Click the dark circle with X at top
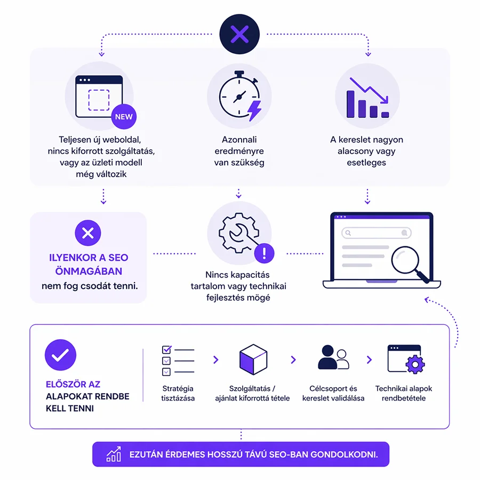tap(239, 34)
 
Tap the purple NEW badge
tap(124, 117)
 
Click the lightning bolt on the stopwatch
tap(255, 110)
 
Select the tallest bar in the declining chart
tap(350, 104)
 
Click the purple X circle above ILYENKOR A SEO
tap(88, 233)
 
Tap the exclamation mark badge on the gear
tap(264, 253)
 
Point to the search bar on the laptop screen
tap(376, 233)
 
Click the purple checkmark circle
tap(61, 355)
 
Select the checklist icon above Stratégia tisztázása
tap(178, 361)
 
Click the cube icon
tap(253, 359)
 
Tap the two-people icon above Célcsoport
tap(333, 357)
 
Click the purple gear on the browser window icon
tap(415, 364)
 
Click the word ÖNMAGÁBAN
tap(89, 271)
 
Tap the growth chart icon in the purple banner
tap(114, 454)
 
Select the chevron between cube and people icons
tap(293, 359)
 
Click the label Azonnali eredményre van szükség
tap(239, 151)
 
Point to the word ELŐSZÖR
tap(65, 384)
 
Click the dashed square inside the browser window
tap(99, 100)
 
